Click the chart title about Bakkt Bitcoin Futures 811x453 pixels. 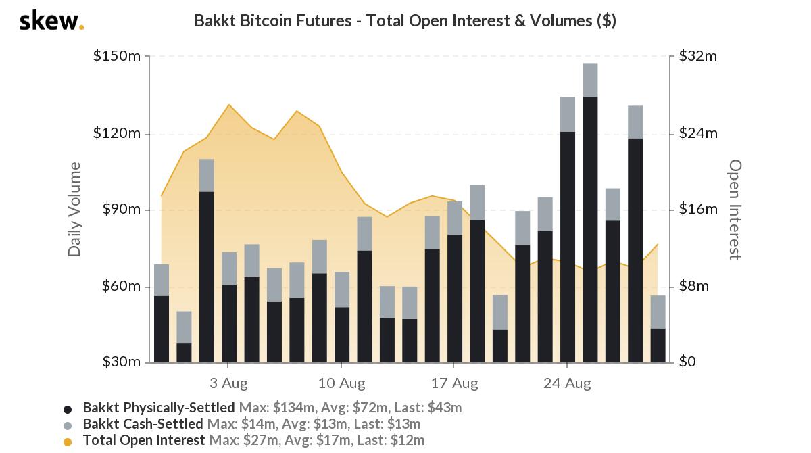[405, 20]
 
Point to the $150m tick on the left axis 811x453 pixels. [117, 56]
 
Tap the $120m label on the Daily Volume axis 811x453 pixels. [117, 133]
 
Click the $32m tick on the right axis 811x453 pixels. [698, 56]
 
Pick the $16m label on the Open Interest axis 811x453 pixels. [698, 210]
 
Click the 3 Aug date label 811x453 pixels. [228, 383]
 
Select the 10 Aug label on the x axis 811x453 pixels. [341, 383]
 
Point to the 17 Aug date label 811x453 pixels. [454, 383]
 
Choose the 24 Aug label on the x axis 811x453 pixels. [567, 383]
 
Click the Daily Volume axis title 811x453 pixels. [74, 210]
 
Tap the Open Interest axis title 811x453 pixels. [735, 210]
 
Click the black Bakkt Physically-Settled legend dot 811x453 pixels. [68, 409]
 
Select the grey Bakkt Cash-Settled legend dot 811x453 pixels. [68, 425]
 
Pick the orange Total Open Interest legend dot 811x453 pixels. [68, 442]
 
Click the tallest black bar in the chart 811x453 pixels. [590, 230]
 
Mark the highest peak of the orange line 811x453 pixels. [229, 105]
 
